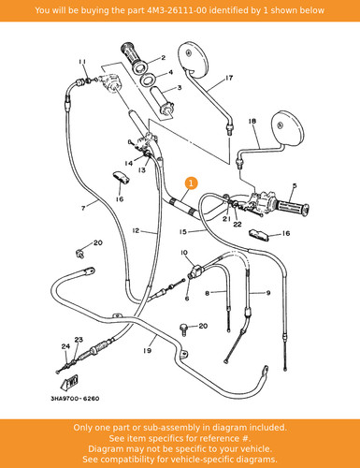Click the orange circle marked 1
(192, 183)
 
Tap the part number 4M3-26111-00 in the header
(176, 10)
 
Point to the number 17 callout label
(229, 78)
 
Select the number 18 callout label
(252, 121)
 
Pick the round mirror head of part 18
(287, 127)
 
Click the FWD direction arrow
(69, 383)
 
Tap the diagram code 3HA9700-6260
(75, 399)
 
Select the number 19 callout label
(147, 350)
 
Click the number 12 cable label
(136, 231)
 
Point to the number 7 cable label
(83, 208)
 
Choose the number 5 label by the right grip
(295, 186)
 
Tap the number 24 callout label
(65, 346)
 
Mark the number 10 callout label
(184, 252)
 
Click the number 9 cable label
(268, 293)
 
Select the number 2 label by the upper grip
(163, 58)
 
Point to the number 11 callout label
(82, 62)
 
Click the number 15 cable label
(183, 231)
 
